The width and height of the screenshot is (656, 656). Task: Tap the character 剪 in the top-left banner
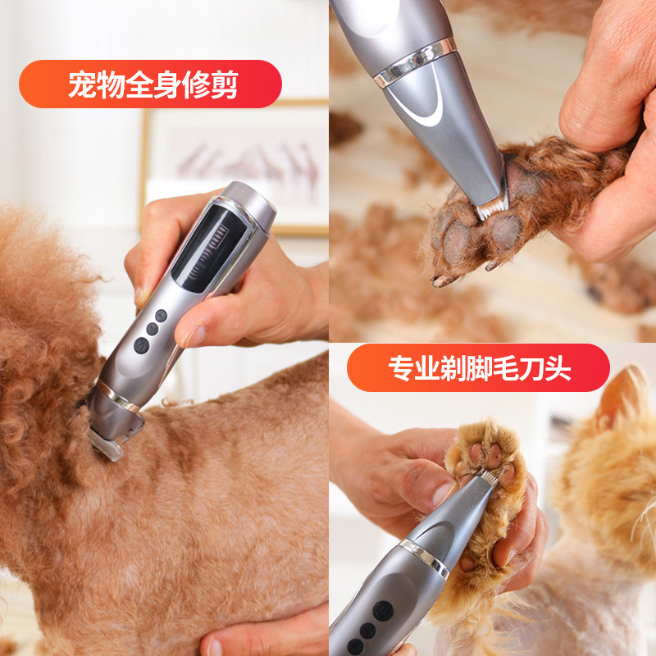[223, 85]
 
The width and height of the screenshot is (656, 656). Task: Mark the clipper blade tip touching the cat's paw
[487, 476]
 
